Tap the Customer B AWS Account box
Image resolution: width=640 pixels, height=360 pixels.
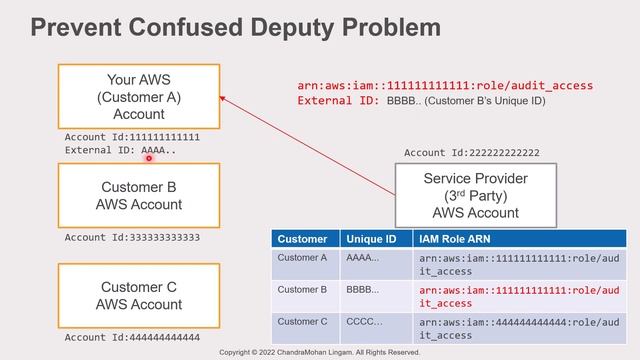140,196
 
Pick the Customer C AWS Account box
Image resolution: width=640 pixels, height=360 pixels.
140,296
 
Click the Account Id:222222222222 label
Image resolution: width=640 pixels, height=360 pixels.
471,153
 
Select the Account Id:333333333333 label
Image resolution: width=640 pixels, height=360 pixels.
132,238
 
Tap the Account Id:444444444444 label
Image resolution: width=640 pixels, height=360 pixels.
132,338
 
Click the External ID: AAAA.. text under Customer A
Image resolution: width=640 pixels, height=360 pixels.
120,150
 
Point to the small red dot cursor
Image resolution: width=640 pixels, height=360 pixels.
148,158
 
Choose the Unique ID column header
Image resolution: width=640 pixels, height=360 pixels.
370,240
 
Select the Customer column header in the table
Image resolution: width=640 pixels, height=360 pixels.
302,240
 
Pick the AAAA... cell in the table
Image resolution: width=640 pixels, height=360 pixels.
362,258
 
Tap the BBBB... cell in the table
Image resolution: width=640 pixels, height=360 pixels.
362,290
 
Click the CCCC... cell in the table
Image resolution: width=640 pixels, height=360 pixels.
362,322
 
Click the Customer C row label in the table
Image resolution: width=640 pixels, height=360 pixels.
302,322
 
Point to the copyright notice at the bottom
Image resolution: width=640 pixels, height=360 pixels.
320,353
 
